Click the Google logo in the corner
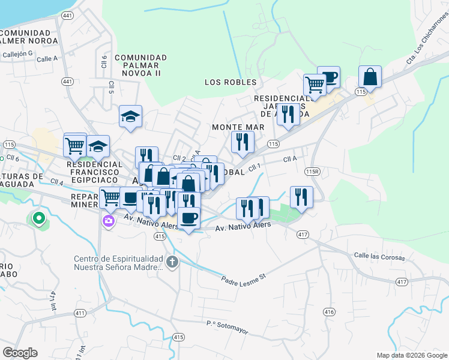click(20, 353)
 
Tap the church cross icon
click(172, 262)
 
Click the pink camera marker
click(108, 221)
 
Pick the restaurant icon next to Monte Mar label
click(243, 142)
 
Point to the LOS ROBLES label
click(231, 82)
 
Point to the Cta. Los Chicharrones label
click(420, 47)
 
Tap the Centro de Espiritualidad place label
click(118, 263)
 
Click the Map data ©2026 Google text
click(411, 355)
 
